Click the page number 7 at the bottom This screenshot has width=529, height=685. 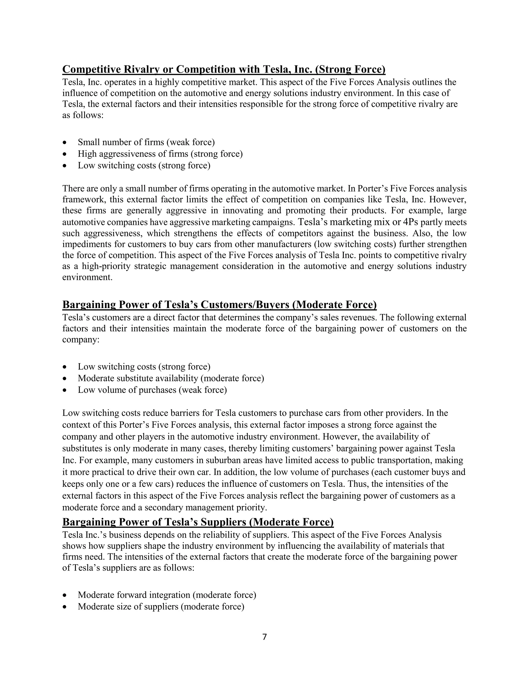pyautogui.click(x=264, y=637)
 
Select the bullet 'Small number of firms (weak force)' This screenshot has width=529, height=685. pyautogui.click(x=146, y=142)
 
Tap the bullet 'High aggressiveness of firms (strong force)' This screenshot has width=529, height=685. pyautogui.click(x=160, y=154)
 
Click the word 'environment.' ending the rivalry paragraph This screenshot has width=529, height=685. pyautogui.click(x=87, y=277)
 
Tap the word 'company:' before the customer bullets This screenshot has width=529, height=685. pyautogui.click(x=81, y=340)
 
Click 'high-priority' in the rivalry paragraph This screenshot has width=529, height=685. pyautogui.click(x=106, y=266)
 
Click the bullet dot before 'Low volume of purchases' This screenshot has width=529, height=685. pyautogui.click(x=65, y=390)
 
